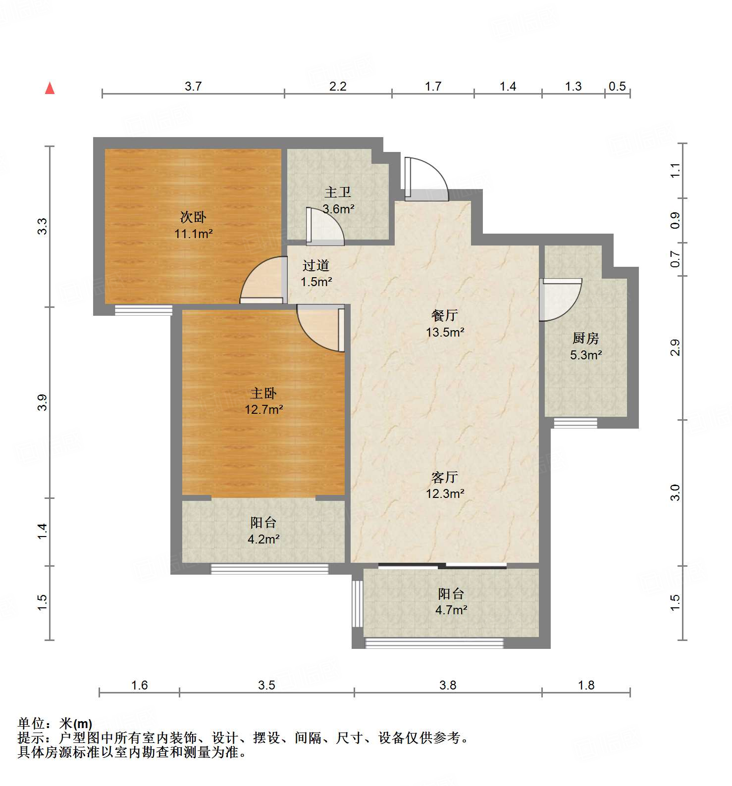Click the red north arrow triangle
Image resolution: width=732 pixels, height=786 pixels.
pos(50,89)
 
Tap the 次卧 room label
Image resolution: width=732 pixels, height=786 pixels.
pos(193,217)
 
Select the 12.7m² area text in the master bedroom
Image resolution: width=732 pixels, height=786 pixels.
pos(263,410)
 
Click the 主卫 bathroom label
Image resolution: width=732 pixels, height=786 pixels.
pos(338,192)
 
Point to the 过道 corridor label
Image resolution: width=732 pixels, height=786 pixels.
pos(316,265)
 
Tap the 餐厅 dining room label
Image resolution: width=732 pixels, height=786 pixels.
pos(445,315)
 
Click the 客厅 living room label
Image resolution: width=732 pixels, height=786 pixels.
pos(445,477)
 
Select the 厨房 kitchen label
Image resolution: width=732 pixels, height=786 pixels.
pos(585,339)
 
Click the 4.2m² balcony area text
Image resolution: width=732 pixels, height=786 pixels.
pos(263,539)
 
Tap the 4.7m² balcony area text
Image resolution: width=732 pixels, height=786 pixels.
pos(451,610)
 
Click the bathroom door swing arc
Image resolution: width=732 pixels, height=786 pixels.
pos(325,226)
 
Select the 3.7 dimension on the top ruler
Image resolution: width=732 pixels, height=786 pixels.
pos(193,86)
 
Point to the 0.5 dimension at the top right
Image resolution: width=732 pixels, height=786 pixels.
pos(617,86)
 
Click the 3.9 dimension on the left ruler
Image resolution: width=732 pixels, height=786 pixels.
pos(43,402)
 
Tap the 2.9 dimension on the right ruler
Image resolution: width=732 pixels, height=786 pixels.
pos(675,348)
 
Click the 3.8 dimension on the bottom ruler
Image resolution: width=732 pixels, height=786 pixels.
pos(448,685)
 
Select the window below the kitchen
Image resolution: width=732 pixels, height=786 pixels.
pos(575,423)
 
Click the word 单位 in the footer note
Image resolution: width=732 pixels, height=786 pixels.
pos(31,724)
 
